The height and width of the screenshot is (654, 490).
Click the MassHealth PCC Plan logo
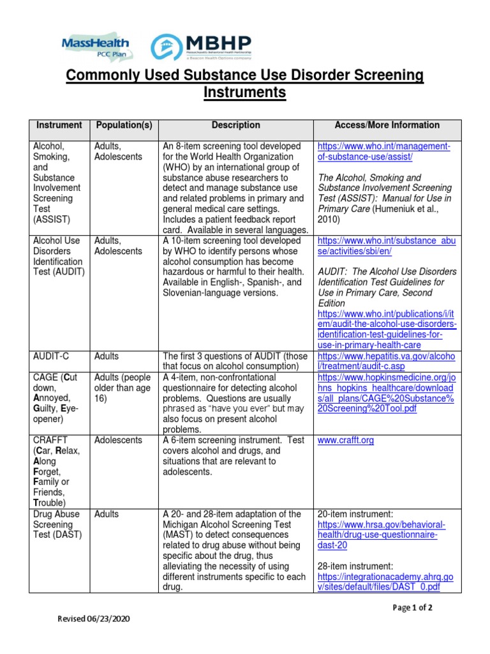(96, 47)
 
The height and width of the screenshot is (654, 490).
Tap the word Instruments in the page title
(244, 93)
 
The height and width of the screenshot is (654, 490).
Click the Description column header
(236, 125)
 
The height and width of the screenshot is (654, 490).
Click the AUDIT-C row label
(50, 356)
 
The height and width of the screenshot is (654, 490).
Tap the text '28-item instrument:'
(357, 566)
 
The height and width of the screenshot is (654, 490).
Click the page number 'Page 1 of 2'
(412, 608)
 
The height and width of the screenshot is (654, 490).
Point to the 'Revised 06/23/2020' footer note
(96, 619)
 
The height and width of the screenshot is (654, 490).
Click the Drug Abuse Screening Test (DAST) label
(57, 524)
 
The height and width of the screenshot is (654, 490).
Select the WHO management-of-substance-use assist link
(383, 151)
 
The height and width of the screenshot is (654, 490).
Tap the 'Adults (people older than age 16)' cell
(123, 388)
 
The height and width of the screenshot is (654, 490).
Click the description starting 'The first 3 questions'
(235, 361)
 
